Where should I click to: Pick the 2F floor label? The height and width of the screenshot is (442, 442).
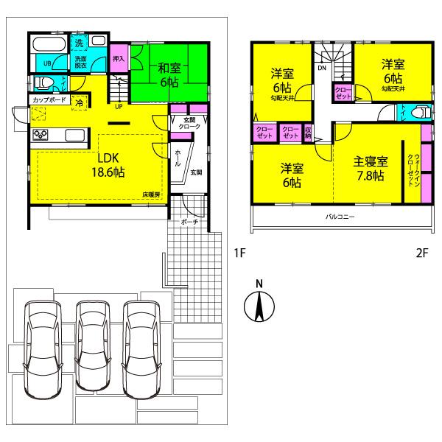pyautogui.click(x=421, y=254)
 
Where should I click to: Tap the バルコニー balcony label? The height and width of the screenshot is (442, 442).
pyautogui.click(x=341, y=217)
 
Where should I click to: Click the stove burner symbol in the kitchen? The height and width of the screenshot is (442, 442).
pyautogui.click(x=40, y=135)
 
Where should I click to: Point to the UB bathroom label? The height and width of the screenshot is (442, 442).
pyautogui.click(x=47, y=63)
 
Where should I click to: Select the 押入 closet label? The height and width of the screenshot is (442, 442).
pyautogui.click(x=118, y=58)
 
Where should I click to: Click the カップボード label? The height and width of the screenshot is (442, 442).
pyautogui.click(x=50, y=99)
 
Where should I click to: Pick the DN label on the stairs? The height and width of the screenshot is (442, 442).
pyautogui.click(x=323, y=68)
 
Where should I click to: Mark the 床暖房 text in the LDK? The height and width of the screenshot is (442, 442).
pyautogui.click(x=152, y=194)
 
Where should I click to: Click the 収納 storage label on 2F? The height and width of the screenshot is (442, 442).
pyautogui.click(x=308, y=133)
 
